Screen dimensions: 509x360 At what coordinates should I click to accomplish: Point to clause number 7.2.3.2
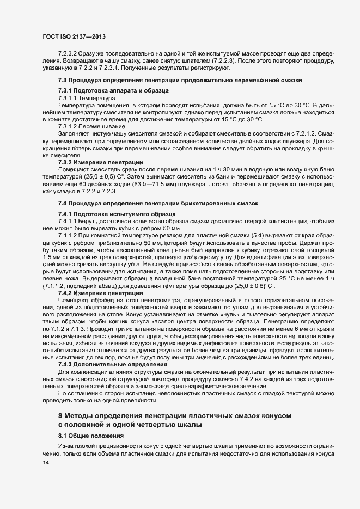coord(68,55)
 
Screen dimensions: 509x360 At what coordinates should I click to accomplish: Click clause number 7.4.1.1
coord(68,220)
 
